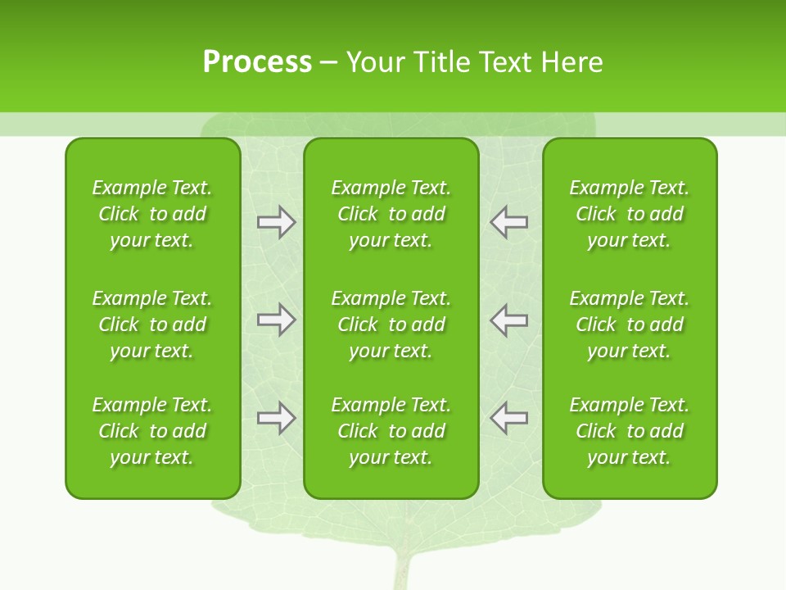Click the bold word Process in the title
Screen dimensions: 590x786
click(x=257, y=62)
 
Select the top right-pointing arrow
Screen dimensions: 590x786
click(x=276, y=222)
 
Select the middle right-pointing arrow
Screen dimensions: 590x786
click(x=276, y=320)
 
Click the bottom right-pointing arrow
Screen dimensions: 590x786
click(x=276, y=418)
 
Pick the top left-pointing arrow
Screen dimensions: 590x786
click(x=508, y=222)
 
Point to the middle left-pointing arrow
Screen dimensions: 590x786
click(x=508, y=320)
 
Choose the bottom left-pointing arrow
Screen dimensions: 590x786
click(x=508, y=418)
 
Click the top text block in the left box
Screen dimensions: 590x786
click(x=152, y=214)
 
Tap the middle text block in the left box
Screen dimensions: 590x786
click(x=152, y=324)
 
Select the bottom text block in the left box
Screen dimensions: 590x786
click(x=152, y=431)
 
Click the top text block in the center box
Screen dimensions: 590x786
click(x=391, y=214)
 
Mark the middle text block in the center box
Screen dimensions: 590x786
click(x=391, y=324)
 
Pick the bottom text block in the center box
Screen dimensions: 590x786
click(x=391, y=431)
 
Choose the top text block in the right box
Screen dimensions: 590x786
click(x=629, y=214)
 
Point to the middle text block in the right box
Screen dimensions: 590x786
click(x=629, y=324)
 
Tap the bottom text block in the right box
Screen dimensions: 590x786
click(x=629, y=431)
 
